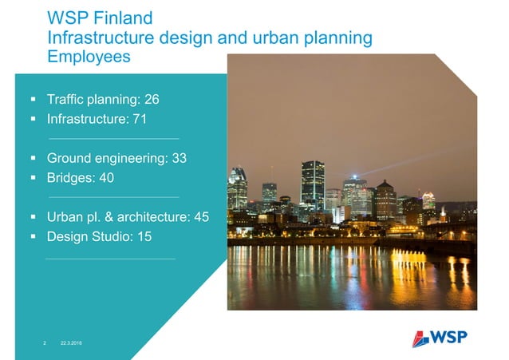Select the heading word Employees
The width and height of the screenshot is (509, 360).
(89, 57)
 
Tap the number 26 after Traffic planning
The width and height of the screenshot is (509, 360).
(152, 100)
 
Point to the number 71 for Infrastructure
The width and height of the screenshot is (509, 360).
(140, 120)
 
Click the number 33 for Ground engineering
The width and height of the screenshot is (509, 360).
(179, 158)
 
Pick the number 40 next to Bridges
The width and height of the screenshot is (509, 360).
(106, 177)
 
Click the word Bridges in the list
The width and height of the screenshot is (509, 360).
(70, 177)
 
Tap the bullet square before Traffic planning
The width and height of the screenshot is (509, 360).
(34, 100)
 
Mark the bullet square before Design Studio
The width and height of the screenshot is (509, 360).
(34, 236)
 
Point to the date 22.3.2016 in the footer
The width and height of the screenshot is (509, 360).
(71, 342)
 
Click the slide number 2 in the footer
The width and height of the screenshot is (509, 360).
(45, 342)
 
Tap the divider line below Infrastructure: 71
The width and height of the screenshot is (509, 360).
(113, 139)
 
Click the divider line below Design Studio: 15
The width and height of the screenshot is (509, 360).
(110, 258)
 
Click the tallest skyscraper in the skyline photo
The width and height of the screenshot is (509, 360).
(312, 184)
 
